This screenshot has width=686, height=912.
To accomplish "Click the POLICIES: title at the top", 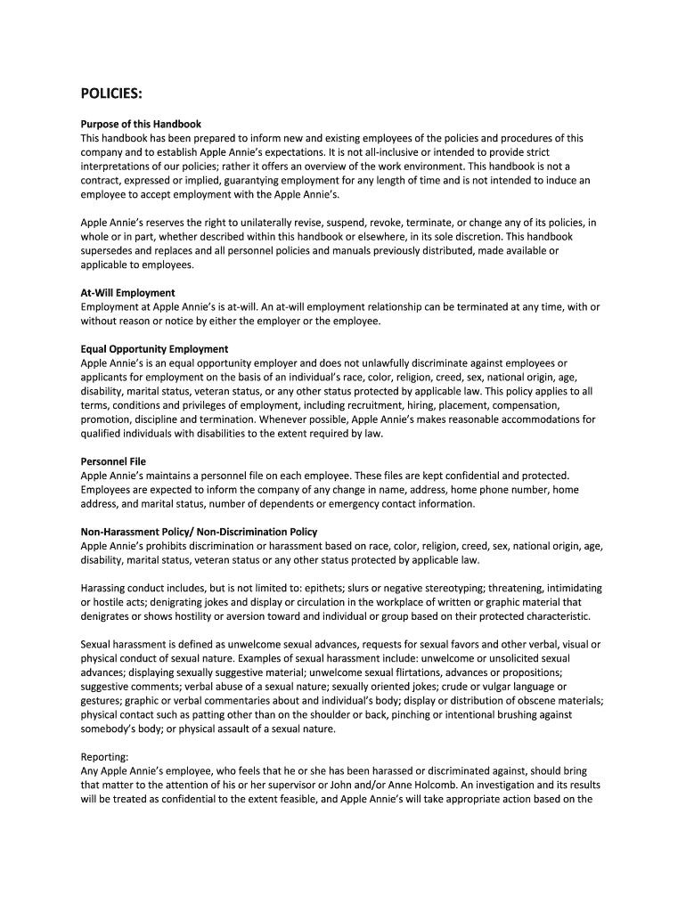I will tap(111, 95).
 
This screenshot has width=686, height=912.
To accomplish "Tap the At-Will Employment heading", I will tap(127, 292).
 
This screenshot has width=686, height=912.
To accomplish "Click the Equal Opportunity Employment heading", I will tap(154, 348).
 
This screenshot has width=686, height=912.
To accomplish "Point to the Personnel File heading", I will tap(113, 461).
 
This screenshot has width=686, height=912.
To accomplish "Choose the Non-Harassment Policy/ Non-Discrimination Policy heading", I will tap(199, 532).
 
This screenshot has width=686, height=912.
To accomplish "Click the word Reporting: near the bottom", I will tap(105, 757).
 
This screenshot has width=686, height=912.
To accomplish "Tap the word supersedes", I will tap(110, 250).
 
